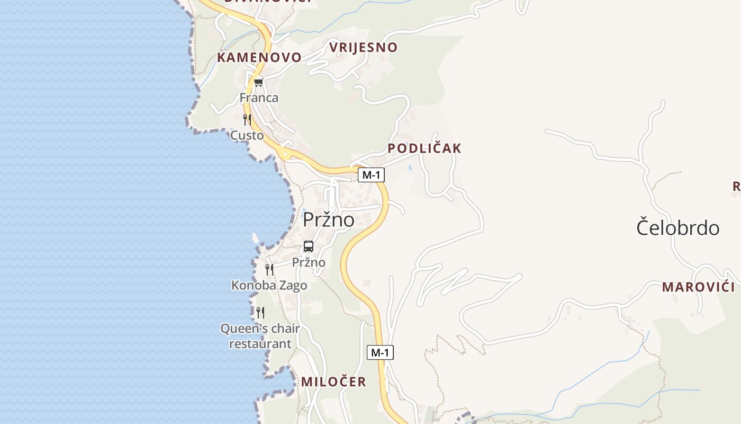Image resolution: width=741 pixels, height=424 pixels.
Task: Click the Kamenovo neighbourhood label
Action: pyautogui.click(x=259, y=57)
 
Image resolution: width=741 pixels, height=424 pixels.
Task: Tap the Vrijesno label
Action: pyautogui.click(x=363, y=47)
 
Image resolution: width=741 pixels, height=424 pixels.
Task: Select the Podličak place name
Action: pyautogui.click(x=424, y=148)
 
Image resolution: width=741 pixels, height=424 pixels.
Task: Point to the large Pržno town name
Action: pyautogui.click(x=329, y=219)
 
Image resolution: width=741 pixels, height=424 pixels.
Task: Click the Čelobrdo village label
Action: pyautogui.click(x=677, y=228)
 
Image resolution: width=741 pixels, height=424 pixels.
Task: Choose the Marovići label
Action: pyautogui.click(x=698, y=287)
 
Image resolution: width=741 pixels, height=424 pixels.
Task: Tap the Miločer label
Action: pyautogui.click(x=333, y=382)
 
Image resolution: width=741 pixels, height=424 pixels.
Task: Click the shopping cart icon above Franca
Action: pyautogui.click(x=258, y=82)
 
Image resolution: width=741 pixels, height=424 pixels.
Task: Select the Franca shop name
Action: pyautogui.click(x=259, y=98)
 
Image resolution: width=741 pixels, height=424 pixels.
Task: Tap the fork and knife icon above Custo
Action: pyautogui.click(x=247, y=119)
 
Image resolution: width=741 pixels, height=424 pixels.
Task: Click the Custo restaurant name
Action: pyautogui.click(x=247, y=136)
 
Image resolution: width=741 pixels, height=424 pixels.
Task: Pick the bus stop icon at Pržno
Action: pyautogui.click(x=309, y=246)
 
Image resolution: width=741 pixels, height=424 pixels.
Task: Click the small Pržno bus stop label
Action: pyautogui.click(x=309, y=262)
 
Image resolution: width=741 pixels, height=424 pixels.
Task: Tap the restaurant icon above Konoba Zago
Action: pyautogui.click(x=269, y=270)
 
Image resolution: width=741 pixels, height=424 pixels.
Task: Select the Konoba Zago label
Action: pyautogui.click(x=269, y=286)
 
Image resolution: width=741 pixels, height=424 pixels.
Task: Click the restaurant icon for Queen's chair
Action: pyautogui.click(x=260, y=313)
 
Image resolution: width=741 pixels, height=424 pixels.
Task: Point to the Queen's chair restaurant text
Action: pyautogui.click(x=260, y=336)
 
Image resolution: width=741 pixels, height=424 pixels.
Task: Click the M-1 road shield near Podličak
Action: pyautogui.click(x=371, y=175)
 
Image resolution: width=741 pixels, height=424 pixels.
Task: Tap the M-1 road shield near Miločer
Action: pyautogui.click(x=380, y=352)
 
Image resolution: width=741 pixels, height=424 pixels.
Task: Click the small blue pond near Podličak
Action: pyautogui.click(x=411, y=168)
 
